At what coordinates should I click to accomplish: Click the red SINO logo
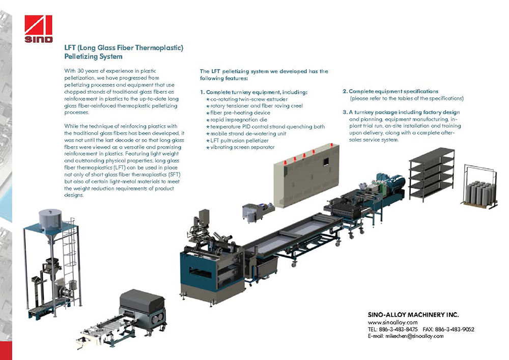38,29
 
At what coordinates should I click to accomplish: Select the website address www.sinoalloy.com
392,322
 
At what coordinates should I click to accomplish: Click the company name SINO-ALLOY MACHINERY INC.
413,315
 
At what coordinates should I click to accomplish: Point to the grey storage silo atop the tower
50,220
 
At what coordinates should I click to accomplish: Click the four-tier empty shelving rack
432,174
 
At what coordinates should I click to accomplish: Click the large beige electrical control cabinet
306,175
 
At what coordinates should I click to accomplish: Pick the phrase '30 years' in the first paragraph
88,71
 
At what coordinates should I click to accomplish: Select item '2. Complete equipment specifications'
390,91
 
